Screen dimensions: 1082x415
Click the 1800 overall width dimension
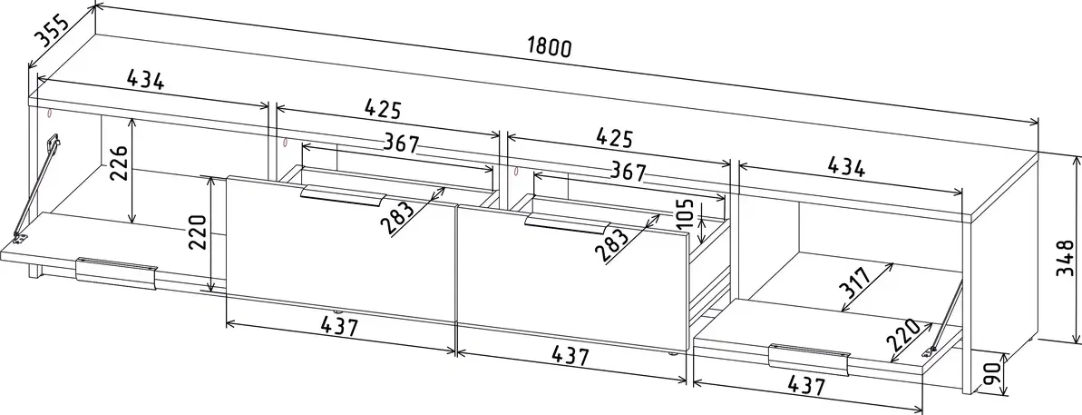(x=550, y=47)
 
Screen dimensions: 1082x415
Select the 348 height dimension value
(x=1066, y=258)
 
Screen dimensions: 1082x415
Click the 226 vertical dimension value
(x=118, y=163)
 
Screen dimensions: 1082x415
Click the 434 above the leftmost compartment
(x=146, y=81)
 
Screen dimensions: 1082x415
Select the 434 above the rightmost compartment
(x=845, y=168)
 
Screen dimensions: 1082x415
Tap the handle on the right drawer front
(x=566, y=223)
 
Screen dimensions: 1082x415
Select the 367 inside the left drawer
(x=399, y=144)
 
